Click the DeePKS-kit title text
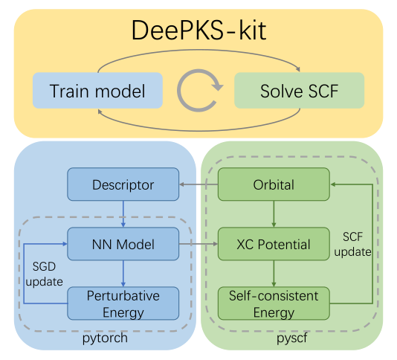198,32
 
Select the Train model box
97,91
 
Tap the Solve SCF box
300,91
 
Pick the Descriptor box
123,184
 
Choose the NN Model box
123,244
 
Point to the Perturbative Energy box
123,303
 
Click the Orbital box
274,184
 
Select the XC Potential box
274,244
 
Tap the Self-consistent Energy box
274,303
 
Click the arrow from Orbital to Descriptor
198,184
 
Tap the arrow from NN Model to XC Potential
198,244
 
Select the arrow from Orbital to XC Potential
274,213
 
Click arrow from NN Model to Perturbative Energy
123,274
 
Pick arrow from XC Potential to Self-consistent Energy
274,274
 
